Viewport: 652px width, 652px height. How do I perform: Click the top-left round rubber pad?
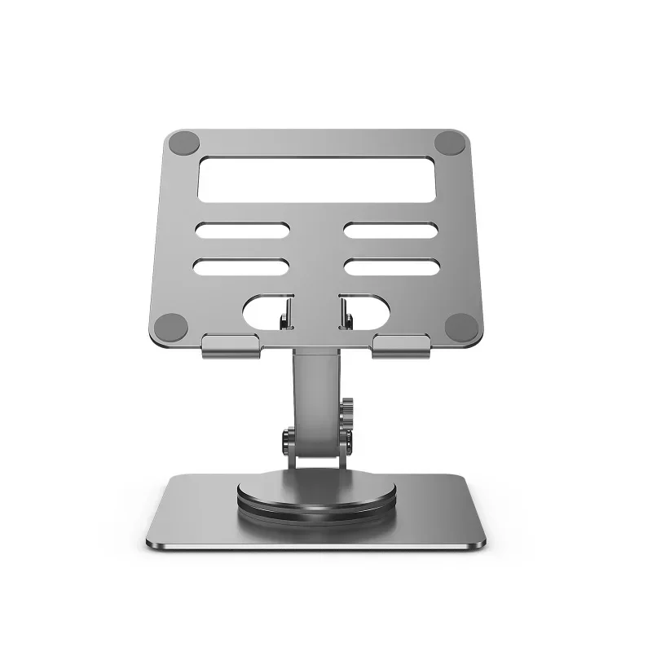pos(182,143)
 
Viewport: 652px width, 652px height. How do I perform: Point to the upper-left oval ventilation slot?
pos(240,231)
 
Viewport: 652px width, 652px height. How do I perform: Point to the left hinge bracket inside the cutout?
pos(287,314)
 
